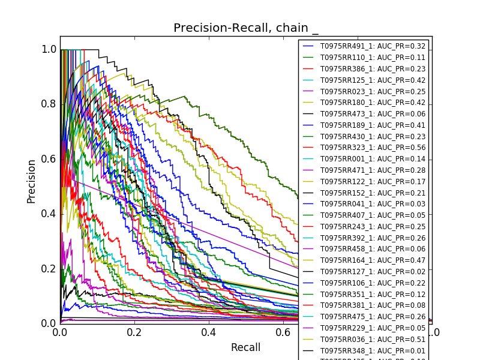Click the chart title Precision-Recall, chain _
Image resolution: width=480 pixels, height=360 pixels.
[x=246, y=28]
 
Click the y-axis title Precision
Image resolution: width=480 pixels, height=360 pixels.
[x=31, y=181]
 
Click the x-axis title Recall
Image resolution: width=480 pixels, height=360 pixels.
[x=246, y=347]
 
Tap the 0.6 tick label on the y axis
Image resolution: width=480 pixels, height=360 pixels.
[x=49, y=159]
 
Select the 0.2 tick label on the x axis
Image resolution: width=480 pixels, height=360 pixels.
[x=134, y=332]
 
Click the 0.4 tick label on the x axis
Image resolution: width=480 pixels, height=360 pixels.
[x=209, y=332]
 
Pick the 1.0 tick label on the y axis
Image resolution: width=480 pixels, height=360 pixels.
[x=49, y=49]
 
